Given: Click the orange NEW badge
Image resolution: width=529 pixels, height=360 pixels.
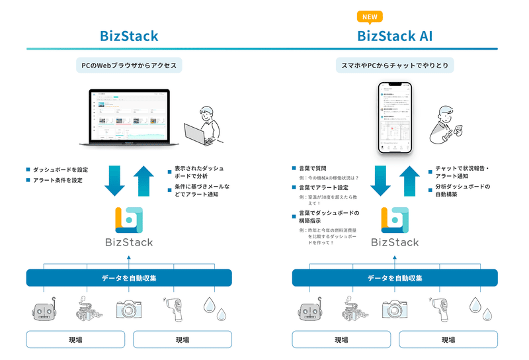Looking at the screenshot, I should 370,17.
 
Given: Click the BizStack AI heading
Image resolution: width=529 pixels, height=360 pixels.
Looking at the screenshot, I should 395,36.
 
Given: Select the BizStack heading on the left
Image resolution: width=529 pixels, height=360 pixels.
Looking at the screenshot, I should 129,36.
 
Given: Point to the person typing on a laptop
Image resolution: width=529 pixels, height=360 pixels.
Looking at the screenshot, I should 206,124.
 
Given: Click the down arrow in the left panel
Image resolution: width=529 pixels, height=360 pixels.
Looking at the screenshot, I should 114,181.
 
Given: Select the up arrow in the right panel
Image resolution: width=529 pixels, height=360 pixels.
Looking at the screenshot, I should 410,181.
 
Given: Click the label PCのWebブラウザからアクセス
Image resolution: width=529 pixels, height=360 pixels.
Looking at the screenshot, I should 129,66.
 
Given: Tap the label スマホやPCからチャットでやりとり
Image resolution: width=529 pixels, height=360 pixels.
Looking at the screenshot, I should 395,66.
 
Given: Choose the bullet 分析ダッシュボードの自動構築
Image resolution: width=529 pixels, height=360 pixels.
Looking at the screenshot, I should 463,191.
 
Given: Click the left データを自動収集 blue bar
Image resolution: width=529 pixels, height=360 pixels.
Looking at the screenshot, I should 129,278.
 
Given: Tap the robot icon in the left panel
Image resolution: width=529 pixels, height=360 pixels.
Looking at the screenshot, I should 44,310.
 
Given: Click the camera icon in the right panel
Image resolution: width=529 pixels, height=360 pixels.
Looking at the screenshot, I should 394,310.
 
